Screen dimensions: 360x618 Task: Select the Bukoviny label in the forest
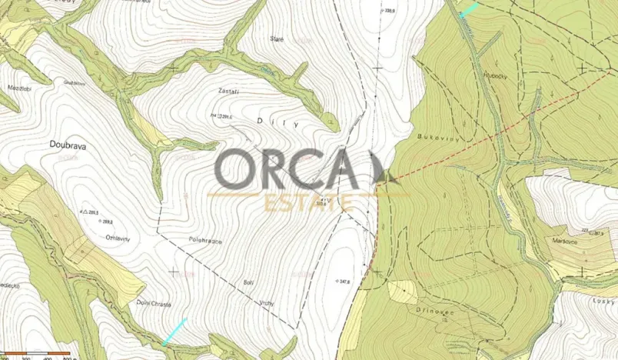click(x=433, y=136)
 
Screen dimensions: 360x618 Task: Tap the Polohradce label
click(x=205, y=241)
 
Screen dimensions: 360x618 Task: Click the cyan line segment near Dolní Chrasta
click(x=174, y=332)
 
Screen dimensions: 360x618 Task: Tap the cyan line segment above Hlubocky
click(x=468, y=9)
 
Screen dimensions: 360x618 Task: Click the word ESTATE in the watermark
click(x=308, y=204)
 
